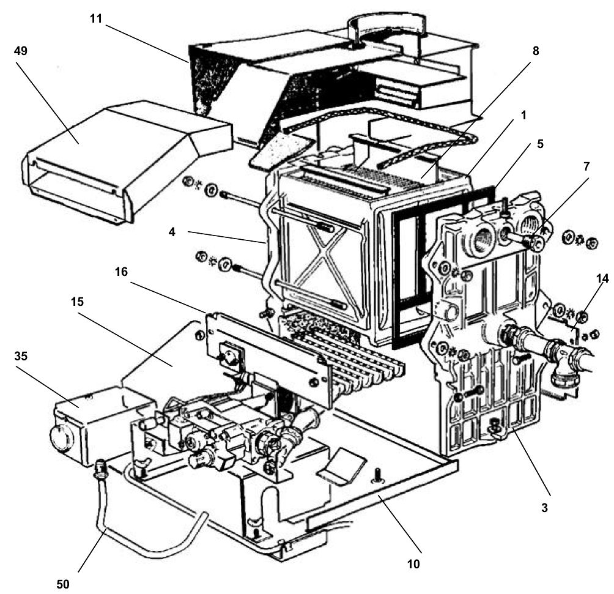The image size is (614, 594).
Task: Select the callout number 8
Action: coord(535,51)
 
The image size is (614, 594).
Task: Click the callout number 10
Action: coord(414,563)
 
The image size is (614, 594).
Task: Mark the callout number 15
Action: coord(76,302)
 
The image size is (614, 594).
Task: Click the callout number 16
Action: coord(122,271)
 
